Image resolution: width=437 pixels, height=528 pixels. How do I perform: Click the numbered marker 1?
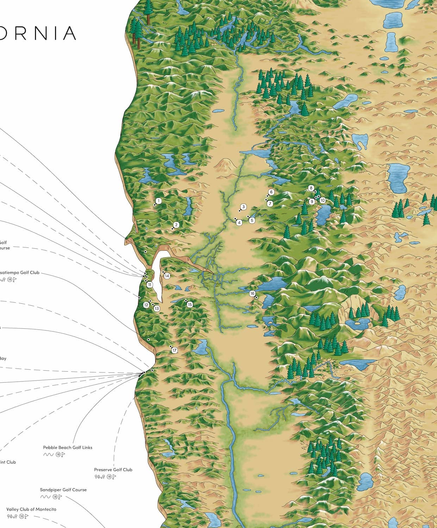[158, 201]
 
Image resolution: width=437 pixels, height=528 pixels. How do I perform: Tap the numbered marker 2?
[176, 225]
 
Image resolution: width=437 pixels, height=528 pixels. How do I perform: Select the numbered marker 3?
[243, 207]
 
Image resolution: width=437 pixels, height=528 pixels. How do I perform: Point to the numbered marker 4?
[239, 222]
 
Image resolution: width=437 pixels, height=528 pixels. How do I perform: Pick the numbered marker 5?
[252, 220]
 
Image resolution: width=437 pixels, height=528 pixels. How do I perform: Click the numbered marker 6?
[271, 192]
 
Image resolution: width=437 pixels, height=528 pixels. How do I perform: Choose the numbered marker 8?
[311, 188]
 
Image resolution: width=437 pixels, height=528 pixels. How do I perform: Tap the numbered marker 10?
[323, 200]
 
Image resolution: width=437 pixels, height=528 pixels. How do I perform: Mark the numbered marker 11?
[150, 284]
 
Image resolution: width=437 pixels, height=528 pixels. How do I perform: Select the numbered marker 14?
[167, 276]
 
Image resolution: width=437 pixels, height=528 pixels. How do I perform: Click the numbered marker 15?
[190, 304]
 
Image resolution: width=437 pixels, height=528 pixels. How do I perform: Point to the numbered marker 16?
[252, 294]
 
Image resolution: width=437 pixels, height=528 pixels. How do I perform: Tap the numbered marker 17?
[174, 350]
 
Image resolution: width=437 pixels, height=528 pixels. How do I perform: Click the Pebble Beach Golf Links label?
[68, 447]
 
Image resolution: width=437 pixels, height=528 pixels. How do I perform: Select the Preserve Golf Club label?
[113, 470]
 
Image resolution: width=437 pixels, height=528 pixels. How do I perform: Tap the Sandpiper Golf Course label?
[63, 490]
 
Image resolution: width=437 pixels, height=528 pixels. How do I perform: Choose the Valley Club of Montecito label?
[31, 509]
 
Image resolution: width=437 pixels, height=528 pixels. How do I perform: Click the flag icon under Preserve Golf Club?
[114, 477]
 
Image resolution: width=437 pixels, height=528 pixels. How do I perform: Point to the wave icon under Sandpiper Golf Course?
[45, 497]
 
